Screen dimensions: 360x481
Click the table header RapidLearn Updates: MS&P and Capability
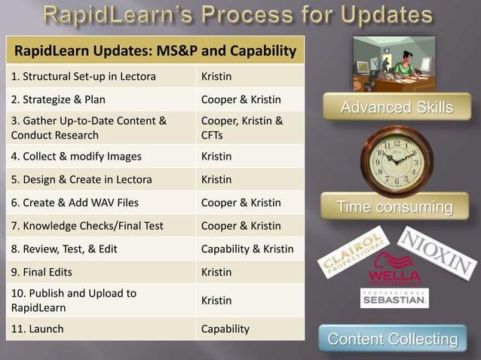pos(155,50)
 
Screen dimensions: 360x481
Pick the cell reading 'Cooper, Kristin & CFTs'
pos(250,127)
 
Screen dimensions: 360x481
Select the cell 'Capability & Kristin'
pos(250,249)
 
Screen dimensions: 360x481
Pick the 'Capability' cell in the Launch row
pos(250,329)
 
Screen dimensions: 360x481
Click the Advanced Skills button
pos(397,107)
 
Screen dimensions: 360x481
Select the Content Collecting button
pos(393,339)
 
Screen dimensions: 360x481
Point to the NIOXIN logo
pos(438,252)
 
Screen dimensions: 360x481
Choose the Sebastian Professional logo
pos(394,298)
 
